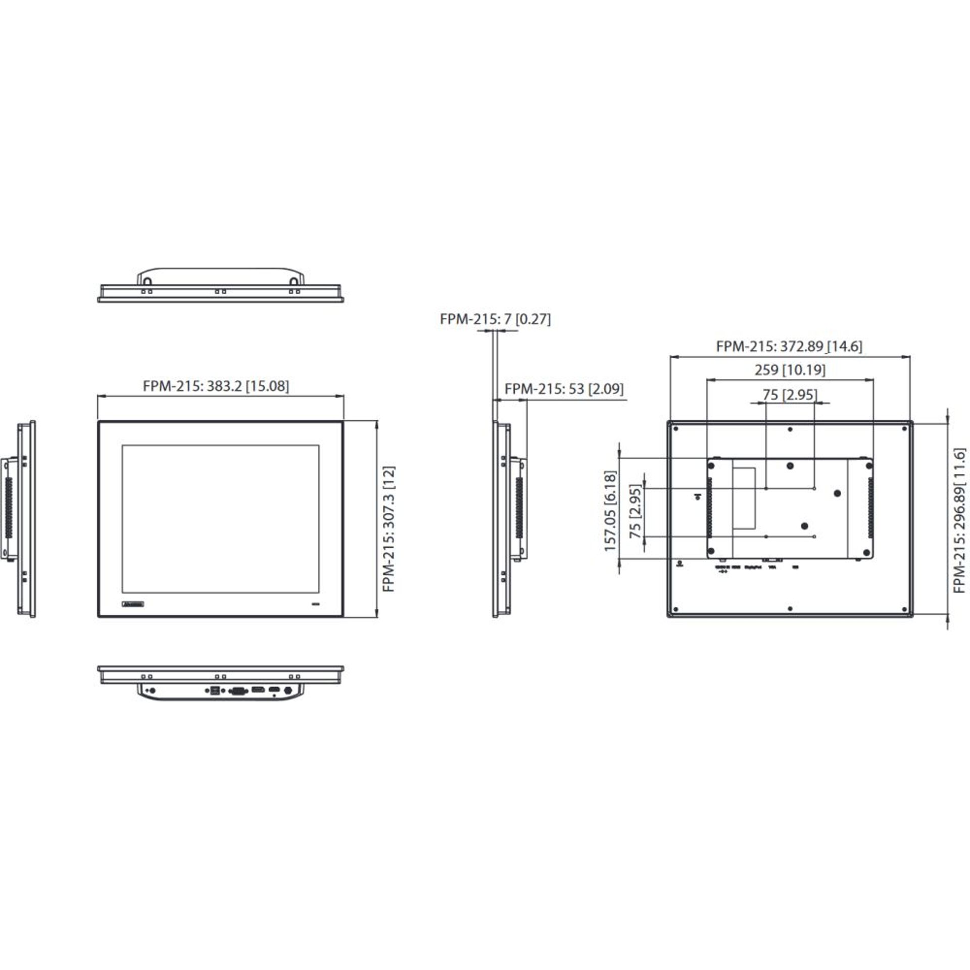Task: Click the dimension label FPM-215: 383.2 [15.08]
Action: point(216,386)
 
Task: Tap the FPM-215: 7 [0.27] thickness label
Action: point(495,319)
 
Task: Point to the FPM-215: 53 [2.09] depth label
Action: point(564,389)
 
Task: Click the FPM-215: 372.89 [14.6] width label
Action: point(789,347)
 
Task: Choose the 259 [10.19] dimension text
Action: point(790,370)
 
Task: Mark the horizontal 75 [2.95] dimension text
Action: point(789,395)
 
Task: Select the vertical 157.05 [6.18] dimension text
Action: point(610,511)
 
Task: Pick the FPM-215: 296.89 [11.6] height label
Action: point(959,520)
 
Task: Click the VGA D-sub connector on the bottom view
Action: point(237,691)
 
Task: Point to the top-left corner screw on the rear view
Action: point(675,428)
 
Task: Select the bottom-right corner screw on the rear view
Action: point(904,609)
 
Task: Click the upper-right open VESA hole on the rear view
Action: point(814,489)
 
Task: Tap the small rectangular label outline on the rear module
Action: point(743,498)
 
